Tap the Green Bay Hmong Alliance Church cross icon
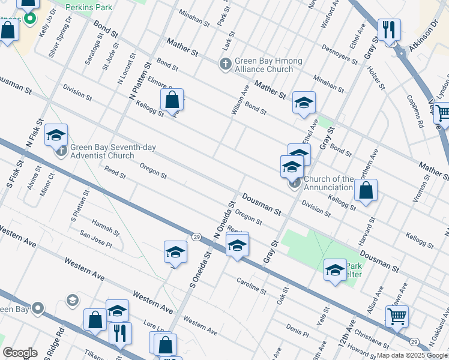226,63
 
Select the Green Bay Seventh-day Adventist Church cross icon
62,149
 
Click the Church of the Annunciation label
328,183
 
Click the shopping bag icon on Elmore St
172,100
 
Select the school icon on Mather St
304,103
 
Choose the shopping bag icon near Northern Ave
366,191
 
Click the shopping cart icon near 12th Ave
397,316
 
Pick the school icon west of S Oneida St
175,252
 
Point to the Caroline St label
251,286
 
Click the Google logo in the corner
20,352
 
